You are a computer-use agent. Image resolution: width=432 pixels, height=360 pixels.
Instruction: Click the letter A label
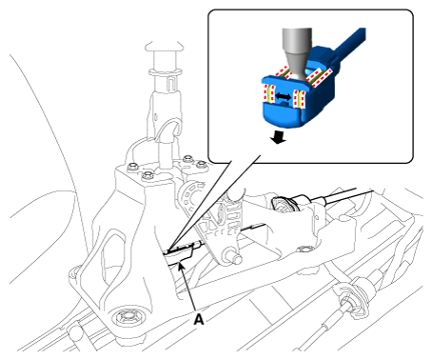(199, 319)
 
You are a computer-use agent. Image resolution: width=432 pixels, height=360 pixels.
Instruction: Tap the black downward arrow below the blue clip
(279, 137)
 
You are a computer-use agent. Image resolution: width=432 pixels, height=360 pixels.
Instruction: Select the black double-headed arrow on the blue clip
(283, 97)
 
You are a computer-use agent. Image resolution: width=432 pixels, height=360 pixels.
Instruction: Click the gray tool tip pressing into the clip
(297, 53)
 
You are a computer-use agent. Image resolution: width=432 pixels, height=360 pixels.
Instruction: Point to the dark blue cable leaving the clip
(349, 44)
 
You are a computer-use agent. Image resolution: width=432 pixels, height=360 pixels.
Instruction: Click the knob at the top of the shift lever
(165, 46)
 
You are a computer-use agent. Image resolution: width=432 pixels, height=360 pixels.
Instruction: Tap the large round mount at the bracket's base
(127, 315)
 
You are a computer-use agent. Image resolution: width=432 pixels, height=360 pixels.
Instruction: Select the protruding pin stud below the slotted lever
(234, 258)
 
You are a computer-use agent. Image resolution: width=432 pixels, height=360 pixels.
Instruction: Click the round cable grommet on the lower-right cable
(352, 300)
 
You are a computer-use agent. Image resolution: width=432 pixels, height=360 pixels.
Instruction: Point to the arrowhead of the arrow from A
(181, 265)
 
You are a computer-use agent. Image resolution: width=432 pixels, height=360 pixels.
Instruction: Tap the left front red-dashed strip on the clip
(266, 95)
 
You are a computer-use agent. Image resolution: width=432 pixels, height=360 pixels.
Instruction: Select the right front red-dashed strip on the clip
(299, 98)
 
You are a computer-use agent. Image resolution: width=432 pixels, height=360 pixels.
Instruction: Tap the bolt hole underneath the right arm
(304, 249)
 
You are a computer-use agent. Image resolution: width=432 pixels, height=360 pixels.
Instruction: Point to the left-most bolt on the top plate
(132, 167)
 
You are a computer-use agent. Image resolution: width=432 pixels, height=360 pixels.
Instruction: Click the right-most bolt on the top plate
(202, 165)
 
